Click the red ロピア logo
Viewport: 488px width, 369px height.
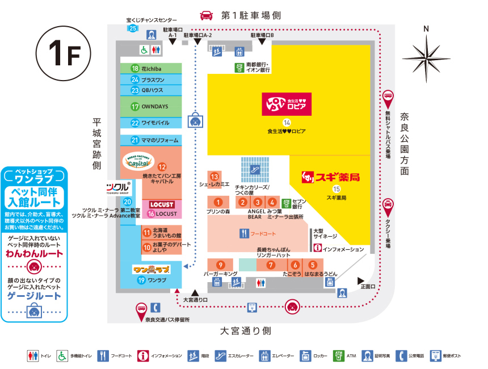pyautogui.click(x=287, y=104)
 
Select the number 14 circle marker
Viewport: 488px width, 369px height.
pyautogui.click(x=287, y=122)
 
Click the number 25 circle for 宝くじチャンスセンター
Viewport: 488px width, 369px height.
pyautogui.click(x=132, y=28)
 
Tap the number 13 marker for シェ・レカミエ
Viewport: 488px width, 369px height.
pyautogui.click(x=214, y=176)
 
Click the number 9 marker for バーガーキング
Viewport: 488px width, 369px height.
pyautogui.click(x=220, y=265)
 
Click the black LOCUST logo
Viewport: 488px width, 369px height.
pyautogui.click(x=162, y=204)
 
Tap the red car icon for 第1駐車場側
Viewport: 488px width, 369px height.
pyautogui.click(x=207, y=15)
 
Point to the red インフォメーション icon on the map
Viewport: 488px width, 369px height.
pyautogui.click(x=317, y=249)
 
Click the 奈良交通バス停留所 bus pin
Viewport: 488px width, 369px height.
pyautogui.click(x=140, y=309)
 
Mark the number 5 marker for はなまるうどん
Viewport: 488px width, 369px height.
pyautogui.click(x=312, y=265)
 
